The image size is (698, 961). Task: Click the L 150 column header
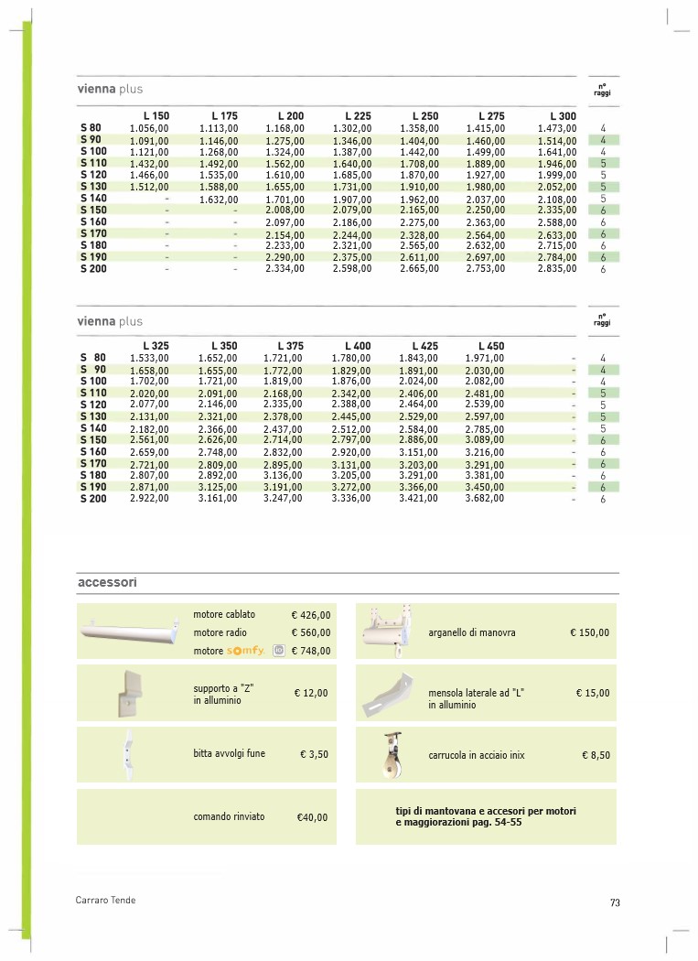[x=156, y=116]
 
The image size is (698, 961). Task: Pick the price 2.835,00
[x=557, y=269]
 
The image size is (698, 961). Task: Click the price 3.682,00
[x=484, y=499]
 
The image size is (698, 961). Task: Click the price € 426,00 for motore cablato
[x=311, y=616]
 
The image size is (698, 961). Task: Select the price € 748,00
[x=311, y=651]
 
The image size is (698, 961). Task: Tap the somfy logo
[x=245, y=651]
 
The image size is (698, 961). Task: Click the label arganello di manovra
[x=471, y=632]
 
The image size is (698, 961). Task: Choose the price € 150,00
[x=589, y=632]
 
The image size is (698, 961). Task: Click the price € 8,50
[x=596, y=755]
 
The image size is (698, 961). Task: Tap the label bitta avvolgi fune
[x=230, y=753]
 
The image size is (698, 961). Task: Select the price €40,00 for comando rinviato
[x=312, y=817]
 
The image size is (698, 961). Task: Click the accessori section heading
[x=107, y=582]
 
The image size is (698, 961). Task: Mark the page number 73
[x=615, y=903]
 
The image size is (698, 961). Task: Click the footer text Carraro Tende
[x=105, y=901]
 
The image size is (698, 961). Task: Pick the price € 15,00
[x=593, y=694]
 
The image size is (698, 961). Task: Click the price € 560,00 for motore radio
[x=311, y=632]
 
